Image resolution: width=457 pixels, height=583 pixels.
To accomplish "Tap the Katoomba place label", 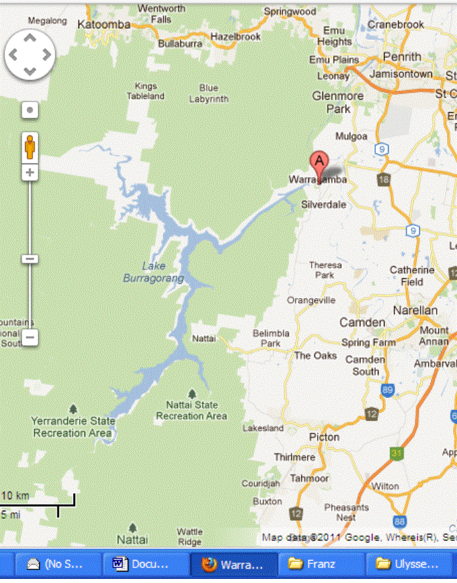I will tap(104, 24).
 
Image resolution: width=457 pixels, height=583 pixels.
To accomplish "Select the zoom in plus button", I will tap(30, 173).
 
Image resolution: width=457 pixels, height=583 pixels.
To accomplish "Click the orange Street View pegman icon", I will tap(30, 147).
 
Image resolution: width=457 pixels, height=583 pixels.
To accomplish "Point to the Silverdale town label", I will tap(324, 204).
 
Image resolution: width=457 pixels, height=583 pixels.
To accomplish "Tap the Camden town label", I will tap(362, 322).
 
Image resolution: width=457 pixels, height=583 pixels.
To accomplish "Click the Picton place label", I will tap(324, 437).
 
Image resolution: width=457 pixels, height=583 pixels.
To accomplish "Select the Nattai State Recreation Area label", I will tap(191, 410).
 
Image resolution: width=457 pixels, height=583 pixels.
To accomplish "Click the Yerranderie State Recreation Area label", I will tap(72, 426).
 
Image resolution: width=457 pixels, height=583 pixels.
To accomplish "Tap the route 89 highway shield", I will tap(387, 390).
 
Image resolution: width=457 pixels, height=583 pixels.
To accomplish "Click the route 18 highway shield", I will tap(384, 179).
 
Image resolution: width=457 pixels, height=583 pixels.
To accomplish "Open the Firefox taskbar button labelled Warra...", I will tap(233, 563).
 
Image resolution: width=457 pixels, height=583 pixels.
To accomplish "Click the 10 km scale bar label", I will tap(16, 496).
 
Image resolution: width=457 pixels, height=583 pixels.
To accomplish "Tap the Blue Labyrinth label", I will tap(209, 93).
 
